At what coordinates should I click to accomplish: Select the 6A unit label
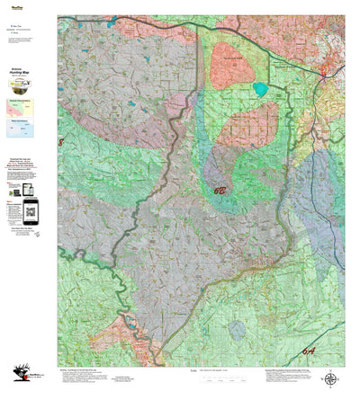click(334, 351)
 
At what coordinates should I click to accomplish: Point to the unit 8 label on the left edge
click(61, 142)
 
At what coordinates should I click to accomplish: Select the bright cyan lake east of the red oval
click(260, 89)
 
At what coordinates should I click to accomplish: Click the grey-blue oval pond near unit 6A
click(236, 331)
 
